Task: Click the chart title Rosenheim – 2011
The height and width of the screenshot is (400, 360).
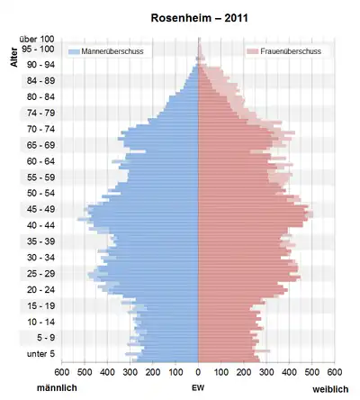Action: point(199,18)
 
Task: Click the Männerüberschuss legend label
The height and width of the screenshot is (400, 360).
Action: point(112,51)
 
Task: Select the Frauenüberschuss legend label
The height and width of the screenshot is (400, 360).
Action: point(291,51)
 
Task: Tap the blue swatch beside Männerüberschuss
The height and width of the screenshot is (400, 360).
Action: point(75,51)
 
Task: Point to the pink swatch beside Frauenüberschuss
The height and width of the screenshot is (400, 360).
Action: point(253,51)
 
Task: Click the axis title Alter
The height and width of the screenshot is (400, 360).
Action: point(13,57)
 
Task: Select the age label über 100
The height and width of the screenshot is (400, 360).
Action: point(37,39)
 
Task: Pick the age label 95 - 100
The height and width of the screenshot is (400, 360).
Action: point(38,49)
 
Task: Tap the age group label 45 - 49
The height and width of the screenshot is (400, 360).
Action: point(40,209)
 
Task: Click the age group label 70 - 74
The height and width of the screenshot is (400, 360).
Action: point(40,129)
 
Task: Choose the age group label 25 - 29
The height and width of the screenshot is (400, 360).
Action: point(40,274)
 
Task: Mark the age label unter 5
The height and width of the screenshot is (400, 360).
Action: point(40,354)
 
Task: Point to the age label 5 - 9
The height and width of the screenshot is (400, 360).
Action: point(46,338)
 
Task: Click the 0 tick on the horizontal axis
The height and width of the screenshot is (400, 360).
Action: point(198,372)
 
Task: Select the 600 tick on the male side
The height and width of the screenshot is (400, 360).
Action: point(62,372)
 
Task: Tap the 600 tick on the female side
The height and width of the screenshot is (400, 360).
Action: point(335,372)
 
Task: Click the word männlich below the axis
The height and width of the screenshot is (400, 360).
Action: point(57,387)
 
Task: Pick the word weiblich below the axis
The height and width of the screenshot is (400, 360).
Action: point(330,389)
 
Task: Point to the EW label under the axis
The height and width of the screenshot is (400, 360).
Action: point(198,388)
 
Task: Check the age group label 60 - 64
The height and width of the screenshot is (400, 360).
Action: point(40,161)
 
